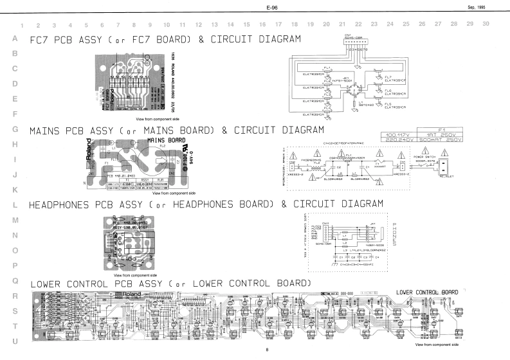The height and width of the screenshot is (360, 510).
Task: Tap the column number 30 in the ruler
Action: (486, 25)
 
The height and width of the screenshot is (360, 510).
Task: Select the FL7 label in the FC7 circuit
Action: (387, 76)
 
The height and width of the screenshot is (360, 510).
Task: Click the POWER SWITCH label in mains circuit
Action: (424, 156)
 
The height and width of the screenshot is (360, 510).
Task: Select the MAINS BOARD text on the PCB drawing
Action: (170, 139)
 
